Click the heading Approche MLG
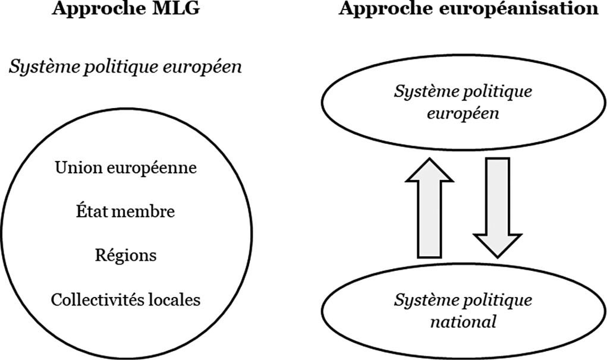coord(126,8)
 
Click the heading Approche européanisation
coord(468,8)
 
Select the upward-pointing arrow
coord(429,208)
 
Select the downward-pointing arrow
coord(498,208)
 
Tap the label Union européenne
coord(126,168)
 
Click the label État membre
coord(125,211)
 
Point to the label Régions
coord(126,256)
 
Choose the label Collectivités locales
coord(126,299)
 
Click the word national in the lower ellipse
coord(463,322)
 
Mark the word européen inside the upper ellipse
coord(463,114)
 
